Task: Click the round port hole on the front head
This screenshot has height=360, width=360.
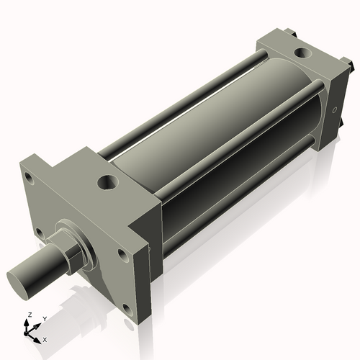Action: click(107, 183)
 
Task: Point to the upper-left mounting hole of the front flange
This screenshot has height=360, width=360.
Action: click(27, 176)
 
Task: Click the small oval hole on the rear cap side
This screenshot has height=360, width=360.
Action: click(335, 111)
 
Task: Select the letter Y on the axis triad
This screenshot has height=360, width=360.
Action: click(44, 318)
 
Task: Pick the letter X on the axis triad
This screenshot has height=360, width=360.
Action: click(45, 338)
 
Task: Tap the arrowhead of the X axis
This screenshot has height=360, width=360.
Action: click(38, 336)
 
